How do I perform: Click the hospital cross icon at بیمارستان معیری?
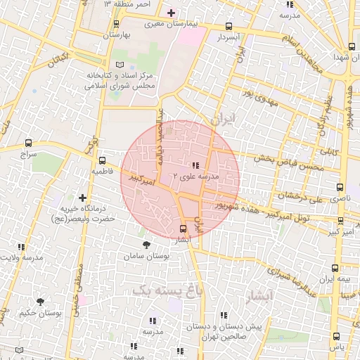click(x=171, y=13)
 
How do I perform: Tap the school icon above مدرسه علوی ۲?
click(x=195, y=164)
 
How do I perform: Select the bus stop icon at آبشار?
click(x=184, y=229)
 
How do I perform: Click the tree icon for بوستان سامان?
click(x=146, y=245)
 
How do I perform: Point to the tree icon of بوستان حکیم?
click(x=39, y=301)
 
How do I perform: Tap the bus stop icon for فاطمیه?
click(x=102, y=160)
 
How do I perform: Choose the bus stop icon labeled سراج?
click(x=28, y=143)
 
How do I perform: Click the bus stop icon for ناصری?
click(x=340, y=188)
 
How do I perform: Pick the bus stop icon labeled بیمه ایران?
click(x=335, y=268)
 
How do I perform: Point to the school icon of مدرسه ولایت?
click(x=22, y=247)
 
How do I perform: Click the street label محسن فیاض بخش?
click(x=289, y=167)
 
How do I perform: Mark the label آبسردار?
click(x=229, y=36)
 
